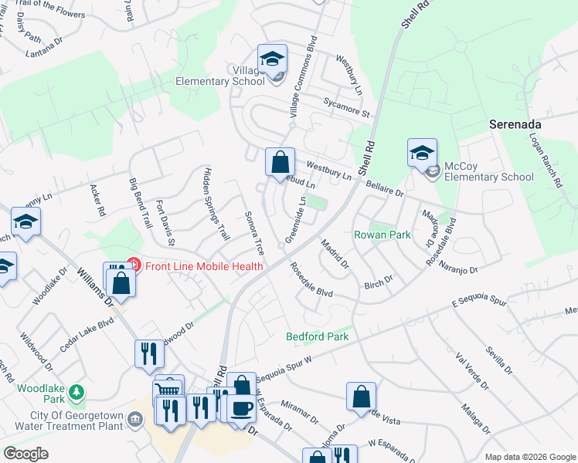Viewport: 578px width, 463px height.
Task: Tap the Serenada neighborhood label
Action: tap(515, 123)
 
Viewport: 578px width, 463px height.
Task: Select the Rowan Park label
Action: tap(382, 235)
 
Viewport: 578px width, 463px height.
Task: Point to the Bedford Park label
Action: tap(317, 336)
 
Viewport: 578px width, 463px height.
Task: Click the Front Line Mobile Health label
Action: tap(203, 266)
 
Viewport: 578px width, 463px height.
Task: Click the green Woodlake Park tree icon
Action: tap(76, 392)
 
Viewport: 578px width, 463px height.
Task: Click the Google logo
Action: tap(25, 454)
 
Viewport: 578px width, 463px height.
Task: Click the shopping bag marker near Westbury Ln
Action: tap(280, 163)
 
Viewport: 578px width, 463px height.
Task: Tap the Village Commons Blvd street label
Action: tap(303, 77)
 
